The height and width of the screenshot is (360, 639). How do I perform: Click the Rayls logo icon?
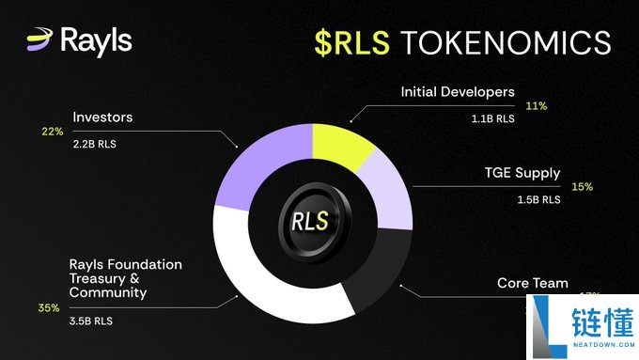point(40,39)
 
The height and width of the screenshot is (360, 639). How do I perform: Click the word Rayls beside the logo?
point(95,40)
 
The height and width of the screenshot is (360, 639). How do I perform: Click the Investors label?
point(102,117)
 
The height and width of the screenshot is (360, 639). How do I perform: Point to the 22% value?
point(51,132)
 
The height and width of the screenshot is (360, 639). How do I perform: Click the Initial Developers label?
point(458,92)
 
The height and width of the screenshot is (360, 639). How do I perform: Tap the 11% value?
point(537,105)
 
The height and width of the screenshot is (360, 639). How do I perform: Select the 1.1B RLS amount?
point(493,119)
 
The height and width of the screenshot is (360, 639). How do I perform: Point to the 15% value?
point(582,186)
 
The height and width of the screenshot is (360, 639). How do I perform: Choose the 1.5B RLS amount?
point(538,199)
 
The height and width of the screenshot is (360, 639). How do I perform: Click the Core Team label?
point(532,283)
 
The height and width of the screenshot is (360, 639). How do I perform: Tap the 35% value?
point(50,307)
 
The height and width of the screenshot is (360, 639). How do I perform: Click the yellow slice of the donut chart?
point(341,143)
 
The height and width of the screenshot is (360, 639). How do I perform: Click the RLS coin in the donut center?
point(310,222)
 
